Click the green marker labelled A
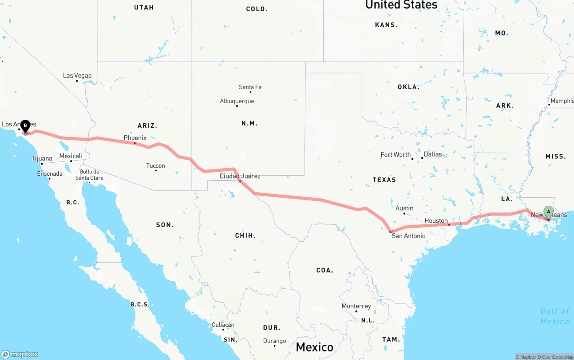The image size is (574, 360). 548,212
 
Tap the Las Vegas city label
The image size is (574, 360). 77,75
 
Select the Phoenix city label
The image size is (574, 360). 135,138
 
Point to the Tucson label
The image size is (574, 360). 156,166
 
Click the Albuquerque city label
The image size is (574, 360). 237,101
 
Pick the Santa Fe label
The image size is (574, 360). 250,87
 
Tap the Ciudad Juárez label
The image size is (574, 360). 240,176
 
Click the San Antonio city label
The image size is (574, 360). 409,236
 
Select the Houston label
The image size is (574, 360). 436,221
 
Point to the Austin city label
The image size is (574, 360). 404,208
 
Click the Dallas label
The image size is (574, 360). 433,154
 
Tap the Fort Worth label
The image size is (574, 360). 396,155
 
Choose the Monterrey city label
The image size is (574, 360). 356,306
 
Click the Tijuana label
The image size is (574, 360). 42,158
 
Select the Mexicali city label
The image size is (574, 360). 71,156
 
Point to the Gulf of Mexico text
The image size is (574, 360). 555,316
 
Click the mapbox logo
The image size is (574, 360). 20,354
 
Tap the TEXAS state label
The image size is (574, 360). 384,180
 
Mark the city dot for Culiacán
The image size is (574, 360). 223,330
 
